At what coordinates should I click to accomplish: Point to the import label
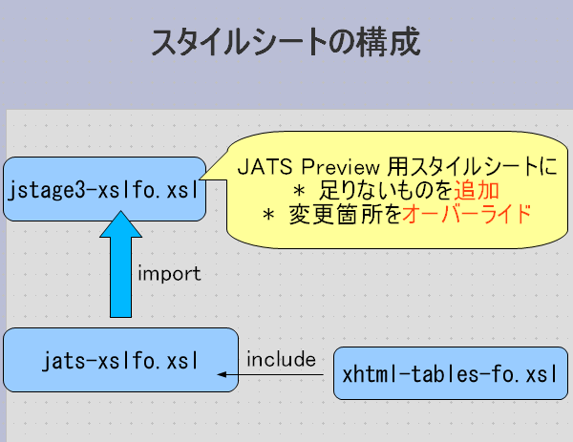tap(169, 274)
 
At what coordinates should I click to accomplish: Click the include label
tap(281, 360)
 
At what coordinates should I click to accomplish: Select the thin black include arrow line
tap(277, 375)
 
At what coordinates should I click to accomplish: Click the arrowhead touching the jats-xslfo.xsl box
tap(224, 375)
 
